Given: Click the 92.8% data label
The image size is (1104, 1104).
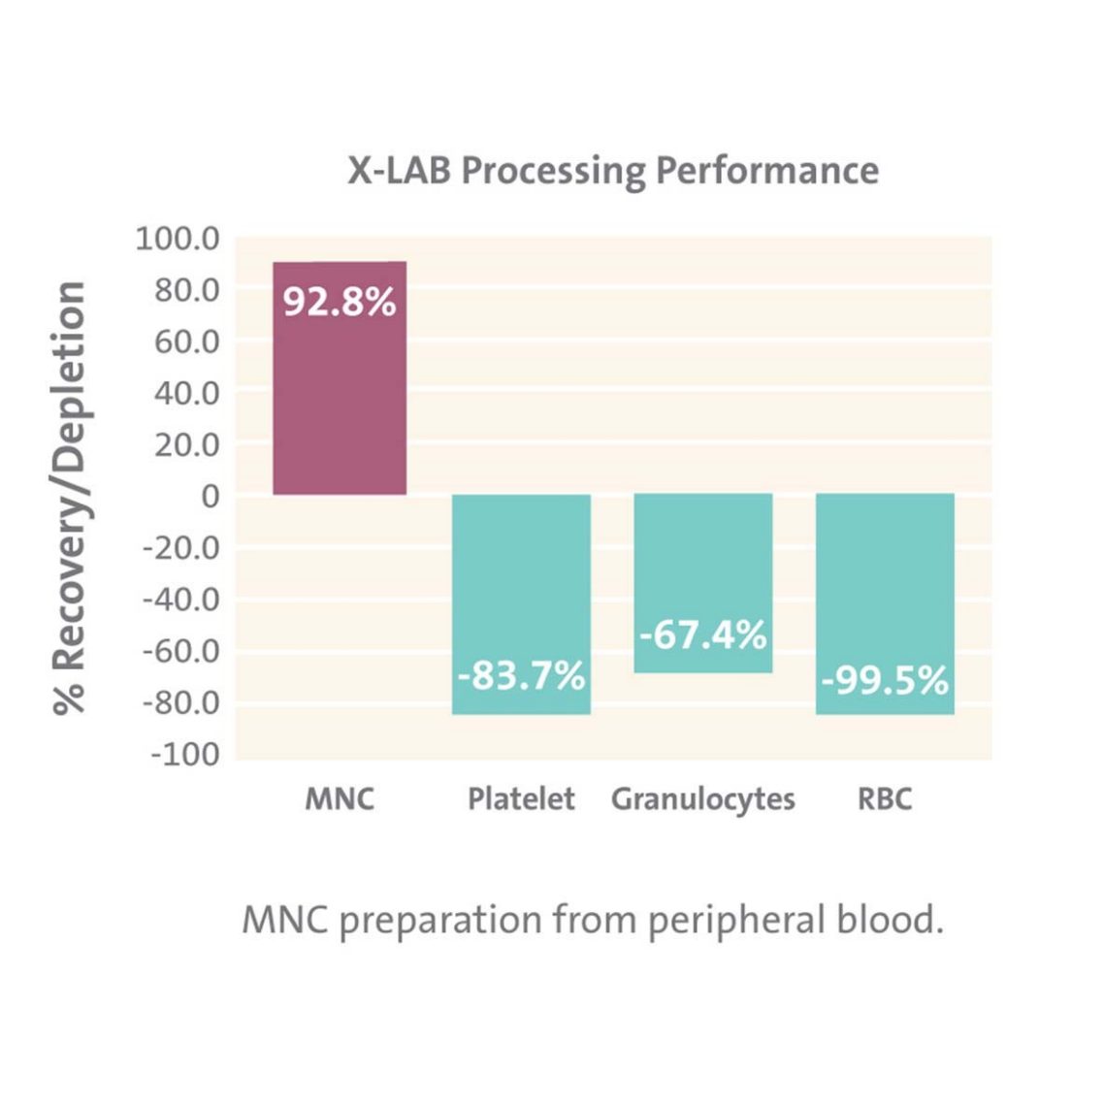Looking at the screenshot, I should pyautogui.click(x=340, y=302).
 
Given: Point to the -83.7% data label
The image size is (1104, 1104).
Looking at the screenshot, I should pyautogui.click(x=521, y=675).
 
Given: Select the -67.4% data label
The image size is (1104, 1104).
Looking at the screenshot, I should pyautogui.click(x=702, y=635).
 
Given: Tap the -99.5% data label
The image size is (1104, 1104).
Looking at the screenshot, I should pyautogui.click(x=884, y=680).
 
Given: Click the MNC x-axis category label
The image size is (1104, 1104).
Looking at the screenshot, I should pyautogui.click(x=340, y=799).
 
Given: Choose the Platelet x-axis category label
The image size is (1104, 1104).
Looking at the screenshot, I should pyautogui.click(x=521, y=799).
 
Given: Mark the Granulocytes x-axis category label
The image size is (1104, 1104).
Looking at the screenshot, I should pyautogui.click(x=702, y=799).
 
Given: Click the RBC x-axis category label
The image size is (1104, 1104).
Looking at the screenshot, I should pyautogui.click(x=884, y=799).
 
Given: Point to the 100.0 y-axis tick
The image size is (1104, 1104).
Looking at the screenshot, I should pyautogui.click(x=178, y=239).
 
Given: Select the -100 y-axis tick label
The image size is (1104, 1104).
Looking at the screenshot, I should pyautogui.click(x=184, y=754).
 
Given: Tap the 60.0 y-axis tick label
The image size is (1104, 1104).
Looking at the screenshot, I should pyautogui.click(x=186, y=341).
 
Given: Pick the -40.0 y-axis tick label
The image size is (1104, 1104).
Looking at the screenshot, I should pyautogui.click(x=181, y=600).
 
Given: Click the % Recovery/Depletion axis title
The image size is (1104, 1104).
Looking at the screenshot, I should pyautogui.click(x=70, y=498).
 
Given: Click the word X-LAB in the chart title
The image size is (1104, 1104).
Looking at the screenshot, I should pyautogui.click(x=399, y=171).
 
